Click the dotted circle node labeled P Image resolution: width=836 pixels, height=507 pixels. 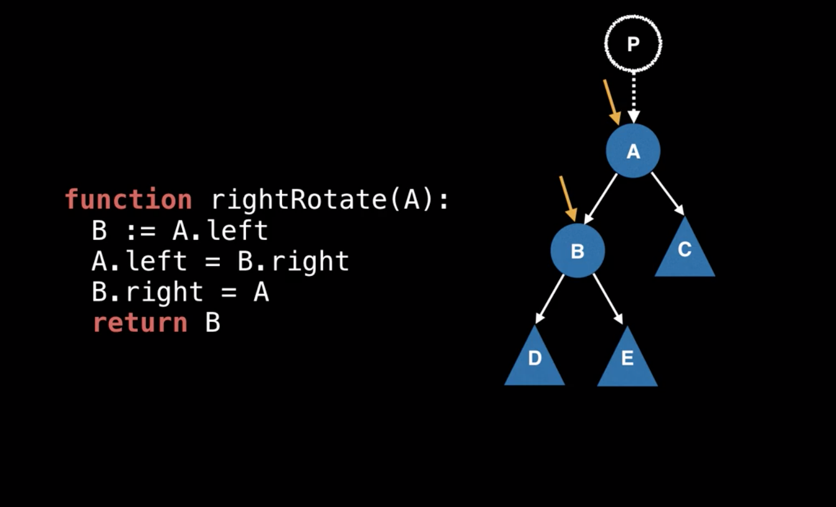(x=633, y=44)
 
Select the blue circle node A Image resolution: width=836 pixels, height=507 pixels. (x=633, y=151)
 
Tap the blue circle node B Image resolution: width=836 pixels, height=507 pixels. (x=577, y=251)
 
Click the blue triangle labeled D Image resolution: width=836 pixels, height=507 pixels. (x=534, y=362)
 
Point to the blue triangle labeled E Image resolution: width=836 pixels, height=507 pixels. (x=627, y=362)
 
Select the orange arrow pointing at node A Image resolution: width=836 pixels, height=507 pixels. (x=612, y=102)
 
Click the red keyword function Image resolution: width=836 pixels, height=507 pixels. (x=128, y=200)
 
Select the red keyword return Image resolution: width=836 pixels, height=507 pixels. (x=140, y=323)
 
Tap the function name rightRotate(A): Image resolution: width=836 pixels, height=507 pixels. (x=330, y=200)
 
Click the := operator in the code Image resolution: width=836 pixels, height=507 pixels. (x=140, y=231)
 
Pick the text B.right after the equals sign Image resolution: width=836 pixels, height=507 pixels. (x=293, y=262)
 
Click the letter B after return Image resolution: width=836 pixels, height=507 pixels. (x=212, y=323)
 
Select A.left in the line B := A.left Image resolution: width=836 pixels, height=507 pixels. (x=220, y=231)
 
